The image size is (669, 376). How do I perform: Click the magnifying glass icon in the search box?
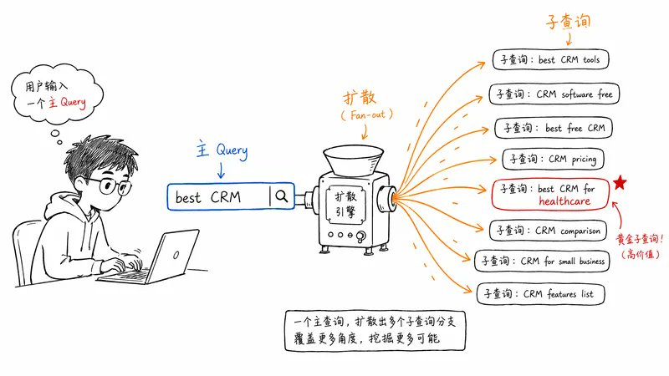[282, 196]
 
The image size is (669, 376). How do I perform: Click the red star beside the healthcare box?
[620, 182]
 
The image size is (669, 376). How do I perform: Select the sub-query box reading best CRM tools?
[550, 59]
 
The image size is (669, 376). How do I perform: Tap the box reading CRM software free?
[554, 94]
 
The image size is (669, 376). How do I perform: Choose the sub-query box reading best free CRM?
[554, 128]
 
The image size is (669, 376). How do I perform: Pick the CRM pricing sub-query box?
[553, 159]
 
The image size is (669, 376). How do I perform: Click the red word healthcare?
[564, 201]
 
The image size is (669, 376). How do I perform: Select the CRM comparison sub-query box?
[548, 231]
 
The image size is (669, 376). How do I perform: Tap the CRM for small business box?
[542, 261]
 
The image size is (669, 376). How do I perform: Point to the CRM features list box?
[540, 294]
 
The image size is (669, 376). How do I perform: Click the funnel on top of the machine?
[353, 160]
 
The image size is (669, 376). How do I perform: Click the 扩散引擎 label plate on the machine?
[345, 204]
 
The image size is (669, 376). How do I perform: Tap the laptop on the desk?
[149, 257]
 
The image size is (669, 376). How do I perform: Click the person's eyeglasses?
[110, 185]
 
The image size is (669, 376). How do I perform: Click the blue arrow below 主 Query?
[221, 170]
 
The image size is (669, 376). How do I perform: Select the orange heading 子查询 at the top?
[568, 22]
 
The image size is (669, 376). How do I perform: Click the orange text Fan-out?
[367, 114]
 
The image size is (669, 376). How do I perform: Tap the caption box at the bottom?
[375, 331]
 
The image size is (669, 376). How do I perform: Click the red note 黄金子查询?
[640, 239]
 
